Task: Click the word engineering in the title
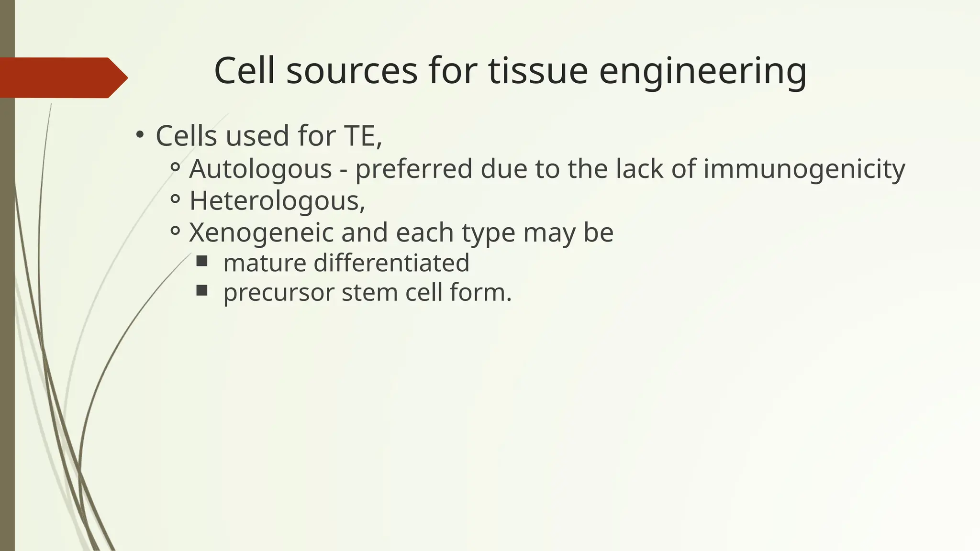(x=702, y=72)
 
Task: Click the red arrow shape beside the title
(x=62, y=77)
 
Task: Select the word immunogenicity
(x=804, y=170)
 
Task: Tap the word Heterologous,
(x=277, y=201)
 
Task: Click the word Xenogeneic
(x=261, y=233)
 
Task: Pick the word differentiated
(x=391, y=263)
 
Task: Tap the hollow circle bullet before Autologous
(x=175, y=167)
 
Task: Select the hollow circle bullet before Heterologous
(x=175, y=199)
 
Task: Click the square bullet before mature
(x=202, y=261)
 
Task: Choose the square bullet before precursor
(x=202, y=290)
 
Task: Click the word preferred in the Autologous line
(x=413, y=170)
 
